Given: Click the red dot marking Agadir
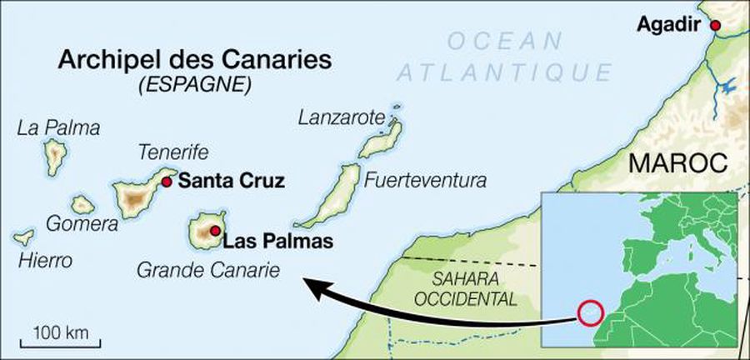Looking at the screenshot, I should click(714, 27).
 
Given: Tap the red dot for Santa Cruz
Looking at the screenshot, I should click(167, 182).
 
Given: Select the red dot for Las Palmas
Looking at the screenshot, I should click(216, 231).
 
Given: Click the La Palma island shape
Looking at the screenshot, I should click(56, 156).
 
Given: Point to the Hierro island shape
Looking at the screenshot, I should click(24, 237).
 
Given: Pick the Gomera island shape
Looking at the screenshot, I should click(82, 204).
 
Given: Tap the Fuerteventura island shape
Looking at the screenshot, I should click(330, 197).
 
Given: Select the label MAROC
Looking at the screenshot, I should click(677, 162).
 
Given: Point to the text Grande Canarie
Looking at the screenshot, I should click(207, 269).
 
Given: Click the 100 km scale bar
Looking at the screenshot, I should click(67, 341).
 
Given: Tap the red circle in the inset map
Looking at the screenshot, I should click(590, 312).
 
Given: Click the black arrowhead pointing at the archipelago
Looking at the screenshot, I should click(315, 288).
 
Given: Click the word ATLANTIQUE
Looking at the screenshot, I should click(505, 72).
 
